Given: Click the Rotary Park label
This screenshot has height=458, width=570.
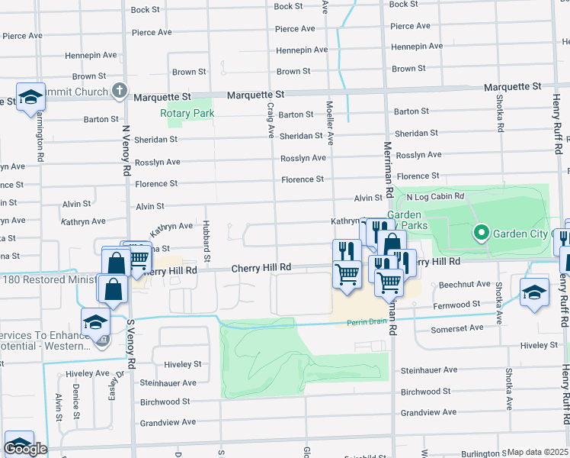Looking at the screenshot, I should click(187, 113).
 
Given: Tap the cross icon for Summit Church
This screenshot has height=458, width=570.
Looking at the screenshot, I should click(118, 92).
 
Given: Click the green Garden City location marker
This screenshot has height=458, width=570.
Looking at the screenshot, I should click(481, 232).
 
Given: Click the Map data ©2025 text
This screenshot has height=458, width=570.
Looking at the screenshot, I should click(538, 452).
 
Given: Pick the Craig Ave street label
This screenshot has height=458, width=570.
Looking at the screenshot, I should click(271, 121).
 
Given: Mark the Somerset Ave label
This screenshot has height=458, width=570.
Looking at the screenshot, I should click(457, 327).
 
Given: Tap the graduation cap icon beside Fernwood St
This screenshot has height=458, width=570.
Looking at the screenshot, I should click(534, 291).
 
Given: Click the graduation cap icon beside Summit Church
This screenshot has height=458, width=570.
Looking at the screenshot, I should click(30, 96).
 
